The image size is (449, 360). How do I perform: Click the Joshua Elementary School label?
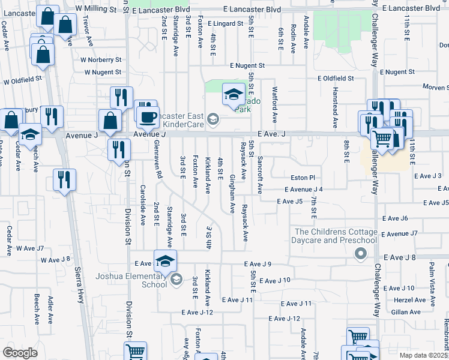pyautogui.click(x=131, y=280)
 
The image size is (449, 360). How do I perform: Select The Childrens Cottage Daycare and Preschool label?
pyautogui.click(x=336, y=236)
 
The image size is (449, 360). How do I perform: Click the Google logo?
pyautogui.click(x=20, y=352)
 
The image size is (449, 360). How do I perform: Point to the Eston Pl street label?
pyautogui.click(x=303, y=178)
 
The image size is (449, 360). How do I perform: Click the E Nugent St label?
pyautogui.click(x=247, y=66)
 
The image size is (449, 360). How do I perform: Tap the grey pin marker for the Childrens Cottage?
pyautogui.click(x=360, y=254)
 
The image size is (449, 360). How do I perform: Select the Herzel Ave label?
pyautogui.click(x=405, y=300)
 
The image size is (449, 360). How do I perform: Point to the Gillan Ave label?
pyautogui.click(x=405, y=312)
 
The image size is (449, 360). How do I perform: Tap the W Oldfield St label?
pyautogui.click(x=23, y=79)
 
